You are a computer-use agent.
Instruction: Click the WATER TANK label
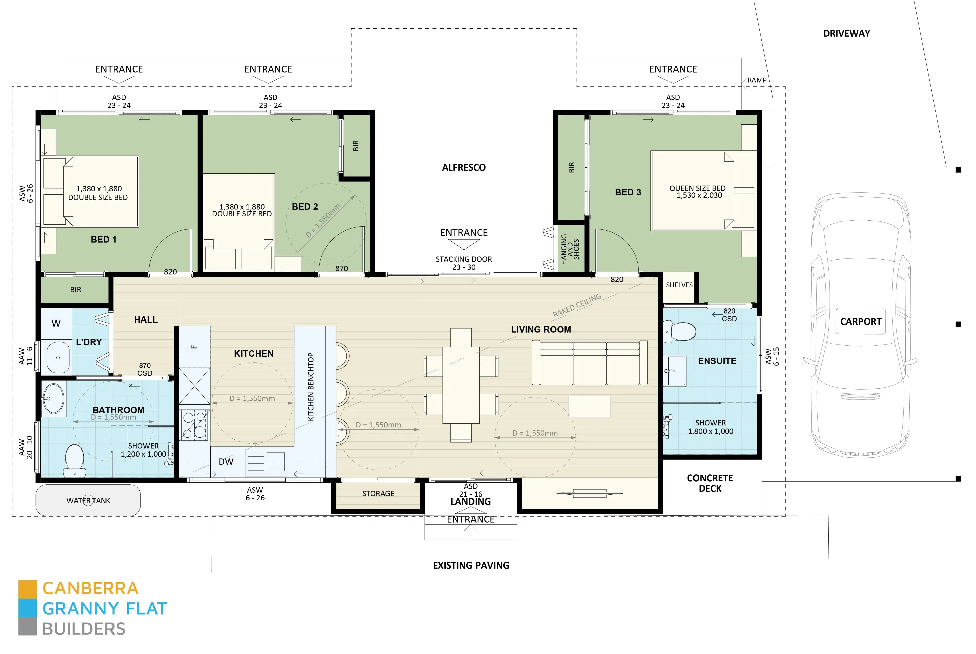click(x=88, y=501)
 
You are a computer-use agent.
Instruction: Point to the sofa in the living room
click(x=589, y=363)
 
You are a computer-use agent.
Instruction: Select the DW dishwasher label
click(x=226, y=462)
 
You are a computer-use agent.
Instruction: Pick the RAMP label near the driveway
click(x=757, y=80)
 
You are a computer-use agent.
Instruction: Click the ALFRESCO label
click(x=464, y=168)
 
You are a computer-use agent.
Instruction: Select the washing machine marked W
click(x=56, y=323)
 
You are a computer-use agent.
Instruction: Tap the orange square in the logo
click(x=28, y=589)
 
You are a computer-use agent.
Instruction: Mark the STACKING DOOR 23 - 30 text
click(x=464, y=263)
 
